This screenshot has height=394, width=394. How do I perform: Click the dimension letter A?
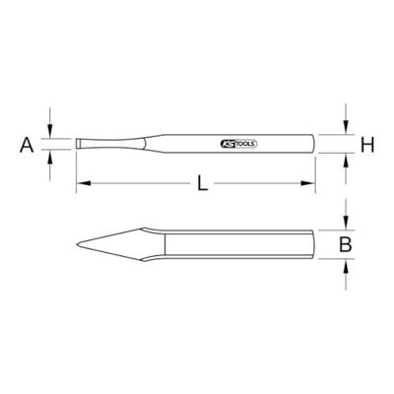tap(27, 145)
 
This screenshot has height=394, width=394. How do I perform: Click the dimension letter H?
tap(367, 145)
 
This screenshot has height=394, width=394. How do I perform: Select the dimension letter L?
tap(203, 183)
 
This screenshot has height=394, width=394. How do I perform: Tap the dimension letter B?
tap(345, 244)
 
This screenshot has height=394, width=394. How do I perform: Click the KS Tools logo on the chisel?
tap(238, 144)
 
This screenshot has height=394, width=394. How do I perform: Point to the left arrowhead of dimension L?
tap(84, 183)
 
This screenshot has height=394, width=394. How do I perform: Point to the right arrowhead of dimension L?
tap(308, 183)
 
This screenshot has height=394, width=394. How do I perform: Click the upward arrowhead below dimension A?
tap(50, 157)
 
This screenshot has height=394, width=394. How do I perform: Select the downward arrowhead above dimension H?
tap(346, 127)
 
